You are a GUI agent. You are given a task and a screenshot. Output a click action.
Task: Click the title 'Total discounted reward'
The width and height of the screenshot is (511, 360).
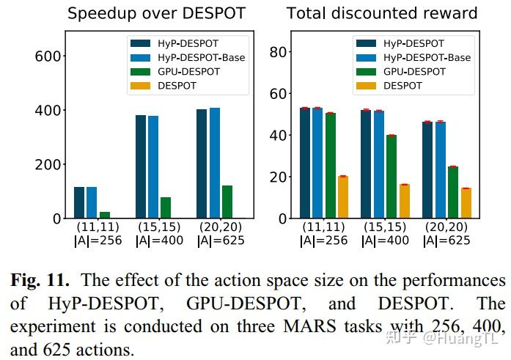pos(382,13)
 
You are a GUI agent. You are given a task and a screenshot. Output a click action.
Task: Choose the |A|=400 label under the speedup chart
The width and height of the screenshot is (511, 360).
pos(159,240)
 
